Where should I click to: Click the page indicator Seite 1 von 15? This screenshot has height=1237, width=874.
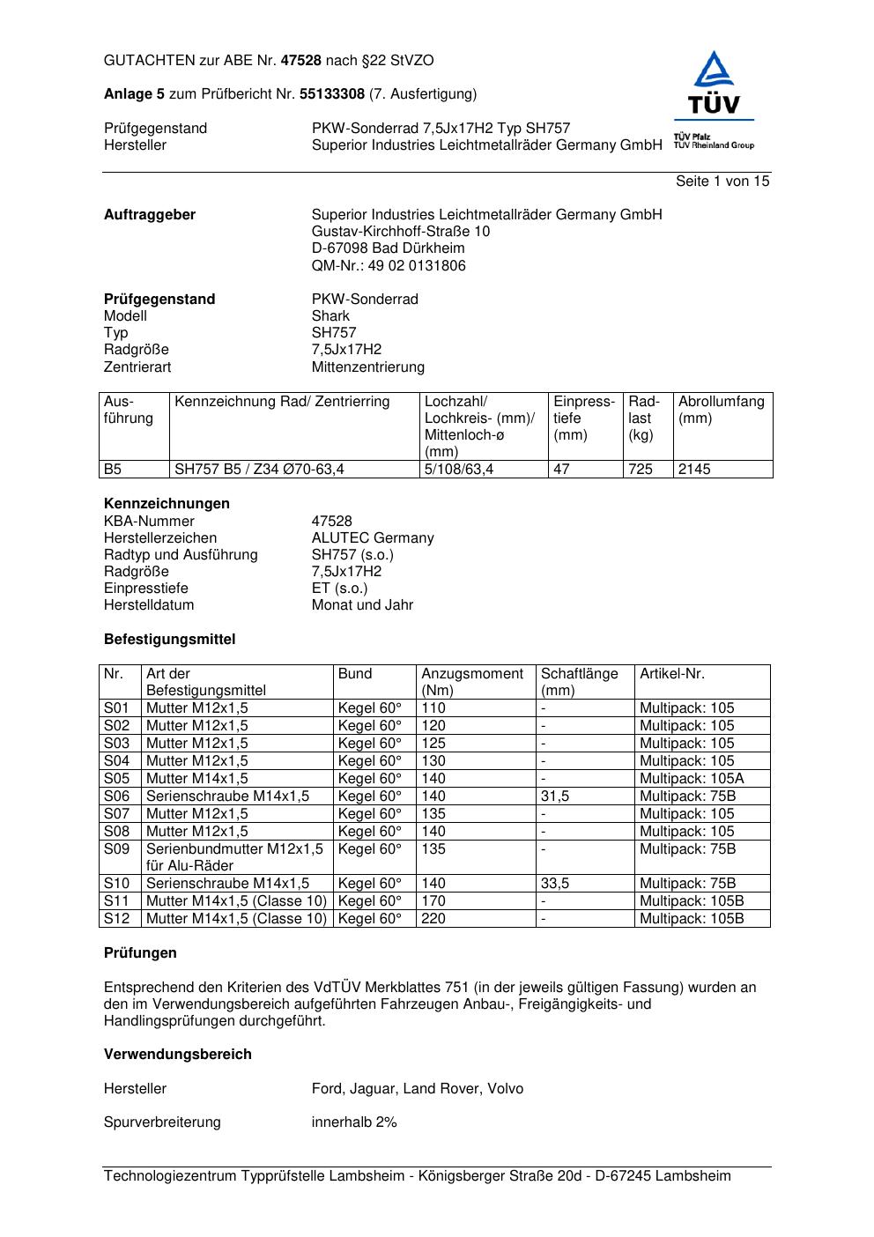[722, 181]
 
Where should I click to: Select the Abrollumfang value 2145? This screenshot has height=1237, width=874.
[694, 470]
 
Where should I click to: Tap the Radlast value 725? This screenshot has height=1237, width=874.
[641, 470]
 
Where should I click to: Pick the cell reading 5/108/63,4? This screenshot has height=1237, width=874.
[459, 470]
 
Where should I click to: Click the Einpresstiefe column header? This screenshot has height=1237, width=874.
[584, 419]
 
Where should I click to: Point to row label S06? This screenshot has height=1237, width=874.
[117, 796]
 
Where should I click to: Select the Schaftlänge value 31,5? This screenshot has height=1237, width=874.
[555, 796]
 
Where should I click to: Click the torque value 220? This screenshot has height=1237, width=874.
[433, 919]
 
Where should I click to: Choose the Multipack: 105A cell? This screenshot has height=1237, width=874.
[692, 779]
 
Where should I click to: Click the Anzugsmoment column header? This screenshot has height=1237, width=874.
[472, 682]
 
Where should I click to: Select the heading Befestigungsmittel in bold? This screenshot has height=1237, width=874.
[170, 640]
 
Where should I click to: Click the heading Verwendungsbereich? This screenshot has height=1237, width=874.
[178, 1055]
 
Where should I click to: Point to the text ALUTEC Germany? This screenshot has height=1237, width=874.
[373, 538]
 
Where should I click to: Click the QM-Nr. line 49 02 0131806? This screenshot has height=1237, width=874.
[389, 266]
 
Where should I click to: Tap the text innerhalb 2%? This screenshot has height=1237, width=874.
[354, 1122]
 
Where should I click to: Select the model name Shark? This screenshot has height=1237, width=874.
[330, 316]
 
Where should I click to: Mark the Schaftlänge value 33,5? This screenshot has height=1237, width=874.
[555, 884]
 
